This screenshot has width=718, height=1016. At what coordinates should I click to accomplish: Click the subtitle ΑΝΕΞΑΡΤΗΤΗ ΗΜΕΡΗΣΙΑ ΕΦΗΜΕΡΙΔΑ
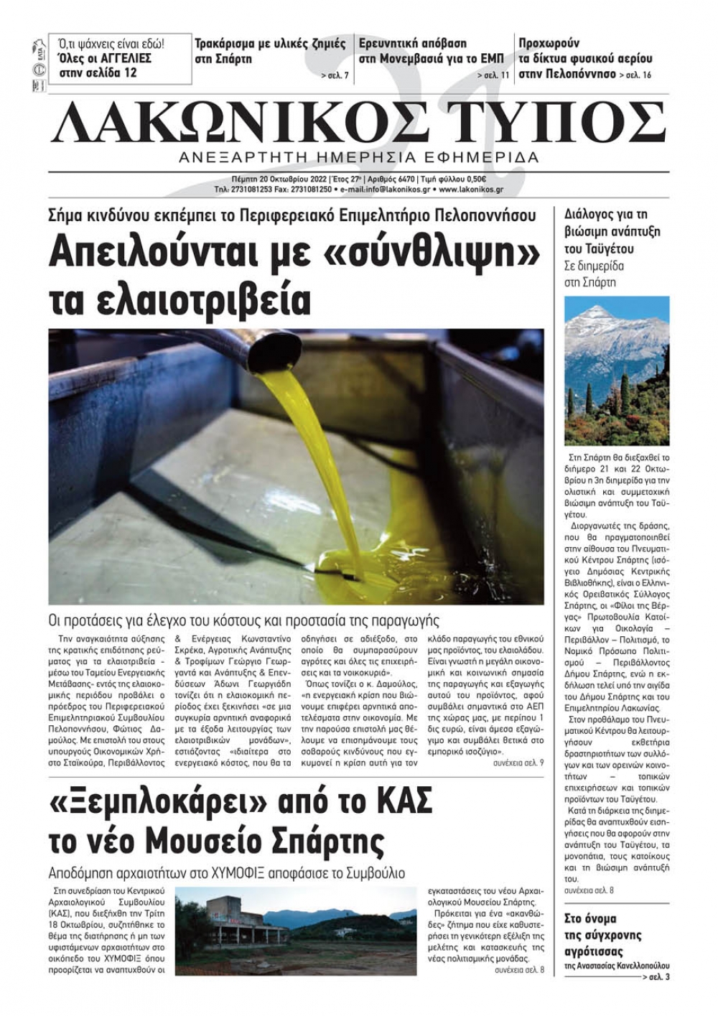pyautogui.click(x=359, y=157)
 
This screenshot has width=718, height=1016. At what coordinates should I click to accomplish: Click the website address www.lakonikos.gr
pyautogui.click(x=470, y=190)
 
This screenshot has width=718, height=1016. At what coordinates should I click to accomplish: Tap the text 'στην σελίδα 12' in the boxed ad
pyautogui.click(x=98, y=73)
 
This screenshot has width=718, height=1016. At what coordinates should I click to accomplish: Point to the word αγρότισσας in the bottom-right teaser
pyautogui.click(x=594, y=952)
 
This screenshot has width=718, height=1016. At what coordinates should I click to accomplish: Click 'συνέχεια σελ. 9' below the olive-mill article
pyautogui.click(x=518, y=763)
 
